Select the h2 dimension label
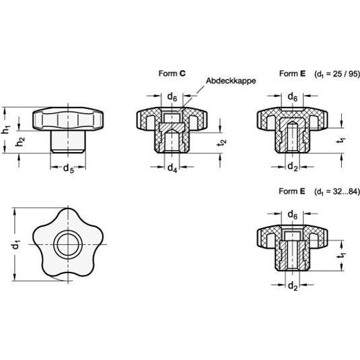pos(20,141)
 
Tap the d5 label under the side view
pos(69,169)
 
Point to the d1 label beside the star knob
pos(16,245)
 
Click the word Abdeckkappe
pos(231,81)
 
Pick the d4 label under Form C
pos(172,168)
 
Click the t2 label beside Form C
pos(222,143)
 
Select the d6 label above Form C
pos(172,97)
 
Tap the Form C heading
pos(172,73)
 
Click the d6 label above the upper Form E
pos(293,97)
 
